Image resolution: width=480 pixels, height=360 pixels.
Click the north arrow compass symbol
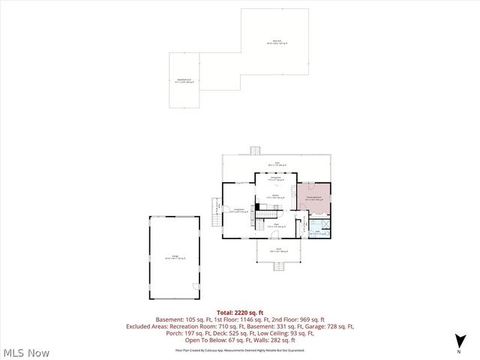(x=458, y=345)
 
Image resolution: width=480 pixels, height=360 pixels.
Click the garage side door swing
(x=195, y=286)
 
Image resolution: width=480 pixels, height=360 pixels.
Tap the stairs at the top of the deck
(x=255, y=150)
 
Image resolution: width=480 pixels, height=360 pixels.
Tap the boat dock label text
(x=277, y=42)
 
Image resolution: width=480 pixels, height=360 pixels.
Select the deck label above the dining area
(x=277, y=163)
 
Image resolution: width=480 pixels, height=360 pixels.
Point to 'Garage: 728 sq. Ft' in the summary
(x=328, y=326)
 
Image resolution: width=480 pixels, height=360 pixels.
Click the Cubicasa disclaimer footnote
(x=244, y=349)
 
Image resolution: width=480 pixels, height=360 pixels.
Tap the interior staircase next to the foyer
(x=265, y=215)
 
